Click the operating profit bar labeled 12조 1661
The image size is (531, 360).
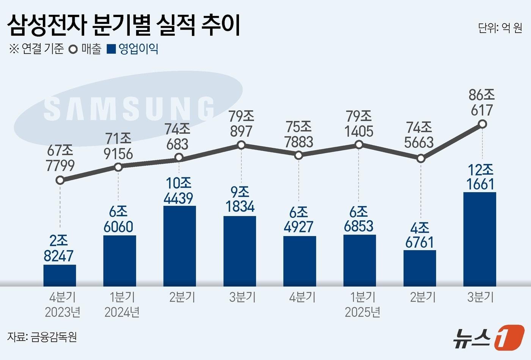coord(479,239)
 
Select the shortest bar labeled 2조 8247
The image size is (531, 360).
coord(60,275)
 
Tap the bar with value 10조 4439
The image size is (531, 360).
coord(179,246)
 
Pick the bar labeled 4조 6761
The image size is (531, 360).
coord(419,268)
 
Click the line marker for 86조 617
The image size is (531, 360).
coord(482,124)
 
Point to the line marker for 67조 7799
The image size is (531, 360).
coord(60,180)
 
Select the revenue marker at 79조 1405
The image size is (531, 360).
coord(359,144)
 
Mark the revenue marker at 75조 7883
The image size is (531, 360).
coord(299,155)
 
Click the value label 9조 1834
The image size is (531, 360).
coord(240,200)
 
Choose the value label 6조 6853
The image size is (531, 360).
coord(359,219)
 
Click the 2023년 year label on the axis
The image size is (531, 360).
coord(63,312)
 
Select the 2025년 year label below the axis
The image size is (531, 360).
coord(362,312)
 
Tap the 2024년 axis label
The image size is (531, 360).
coord(122,312)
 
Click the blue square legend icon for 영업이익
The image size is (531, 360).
coord(111,49)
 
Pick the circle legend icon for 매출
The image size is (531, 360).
coord(73,49)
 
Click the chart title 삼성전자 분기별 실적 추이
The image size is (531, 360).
coord(124,25)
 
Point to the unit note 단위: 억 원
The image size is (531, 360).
coord(500,28)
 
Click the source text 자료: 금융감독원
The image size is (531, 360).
coord(42,337)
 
